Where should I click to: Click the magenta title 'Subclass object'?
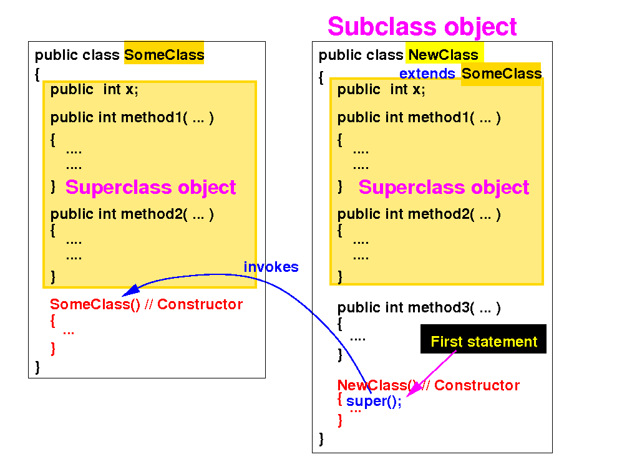(422, 27)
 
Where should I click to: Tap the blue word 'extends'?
(427, 74)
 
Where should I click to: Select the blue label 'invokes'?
(271, 267)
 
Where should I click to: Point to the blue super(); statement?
(374, 402)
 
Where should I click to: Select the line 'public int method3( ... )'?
(419, 307)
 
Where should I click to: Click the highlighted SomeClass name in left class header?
(164, 55)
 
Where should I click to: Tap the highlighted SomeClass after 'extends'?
(501, 74)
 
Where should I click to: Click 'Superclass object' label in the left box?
(150, 187)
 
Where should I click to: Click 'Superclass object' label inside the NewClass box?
(444, 187)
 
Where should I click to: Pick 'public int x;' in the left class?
(94, 89)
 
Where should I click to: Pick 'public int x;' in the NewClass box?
(381, 89)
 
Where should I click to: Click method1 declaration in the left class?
(132, 117)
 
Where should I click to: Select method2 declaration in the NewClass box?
(419, 214)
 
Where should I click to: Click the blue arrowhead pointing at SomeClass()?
(128, 291)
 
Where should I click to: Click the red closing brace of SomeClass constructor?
(53, 348)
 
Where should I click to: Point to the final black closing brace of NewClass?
(321, 438)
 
